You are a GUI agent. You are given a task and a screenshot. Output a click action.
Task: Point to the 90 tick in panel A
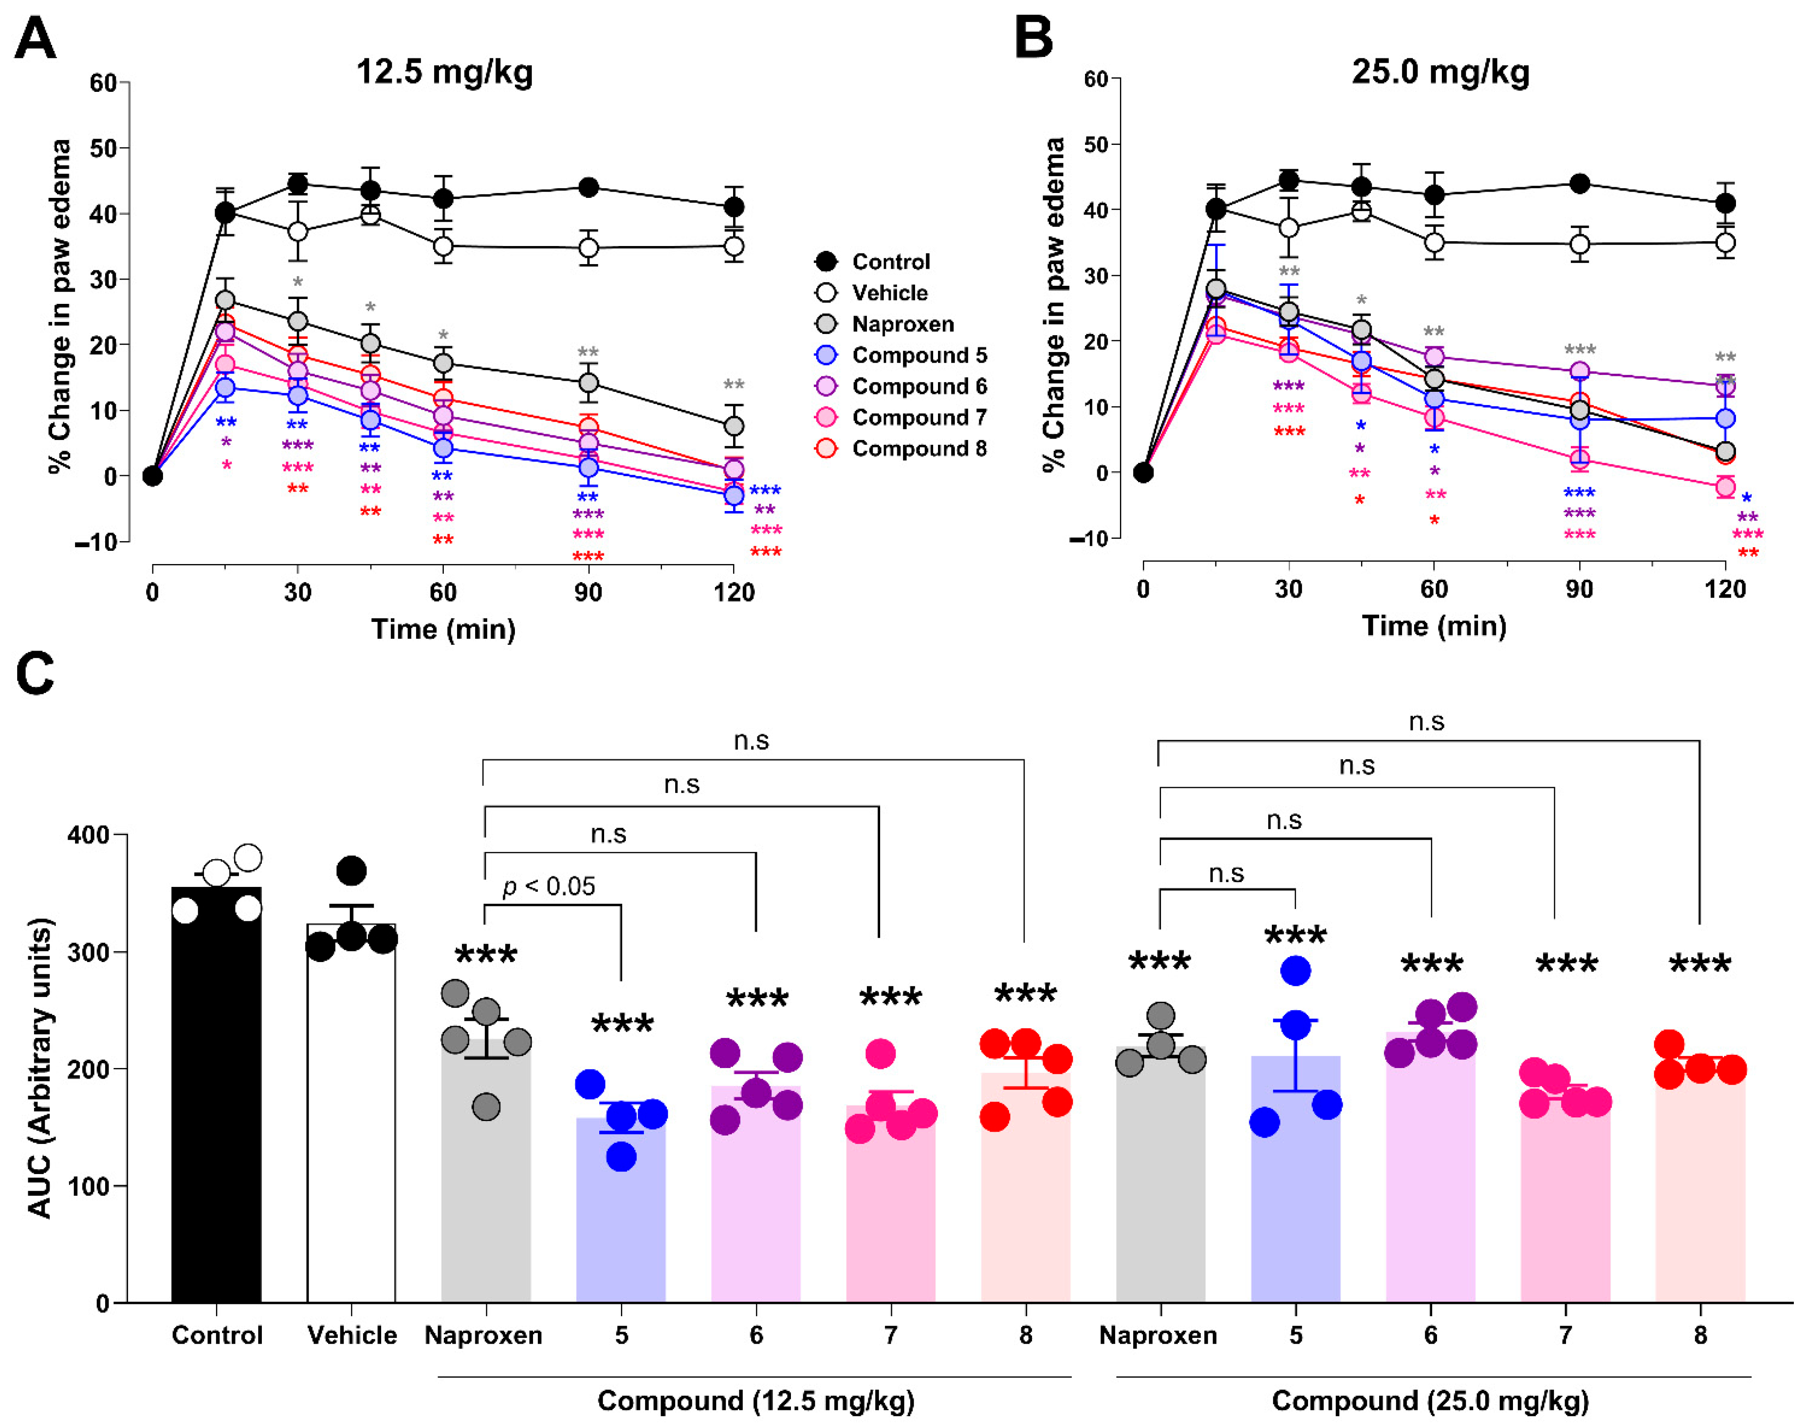click(588, 593)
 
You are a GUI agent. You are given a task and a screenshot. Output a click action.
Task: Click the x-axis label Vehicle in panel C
click(352, 1335)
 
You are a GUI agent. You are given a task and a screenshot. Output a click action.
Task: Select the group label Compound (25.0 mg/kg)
click(1430, 1401)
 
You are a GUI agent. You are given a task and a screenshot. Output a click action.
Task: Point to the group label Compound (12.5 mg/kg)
click(756, 1401)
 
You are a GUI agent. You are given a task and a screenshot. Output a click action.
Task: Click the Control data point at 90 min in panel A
click(589, 186)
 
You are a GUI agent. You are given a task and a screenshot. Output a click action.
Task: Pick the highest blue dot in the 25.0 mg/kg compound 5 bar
click(1296, 971)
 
